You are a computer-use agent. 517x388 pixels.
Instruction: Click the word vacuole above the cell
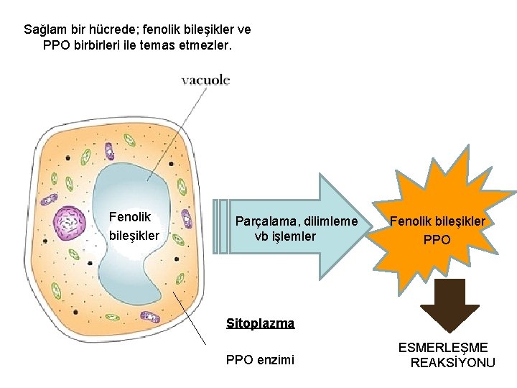[205, 81]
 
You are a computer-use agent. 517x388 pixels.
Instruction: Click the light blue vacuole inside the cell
[136, 273]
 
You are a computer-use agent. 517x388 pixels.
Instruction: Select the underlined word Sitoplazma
[260, 323]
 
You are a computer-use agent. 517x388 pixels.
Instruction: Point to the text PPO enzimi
[260, 359]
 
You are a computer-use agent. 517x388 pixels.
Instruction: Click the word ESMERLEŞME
[443, 348]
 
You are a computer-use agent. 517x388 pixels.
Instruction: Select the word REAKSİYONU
[452, 363]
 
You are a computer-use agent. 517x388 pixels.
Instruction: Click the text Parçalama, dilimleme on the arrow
[296, 222]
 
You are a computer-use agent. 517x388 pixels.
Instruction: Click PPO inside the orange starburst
[437, 239]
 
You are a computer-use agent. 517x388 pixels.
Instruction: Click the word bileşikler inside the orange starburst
[459, 221]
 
